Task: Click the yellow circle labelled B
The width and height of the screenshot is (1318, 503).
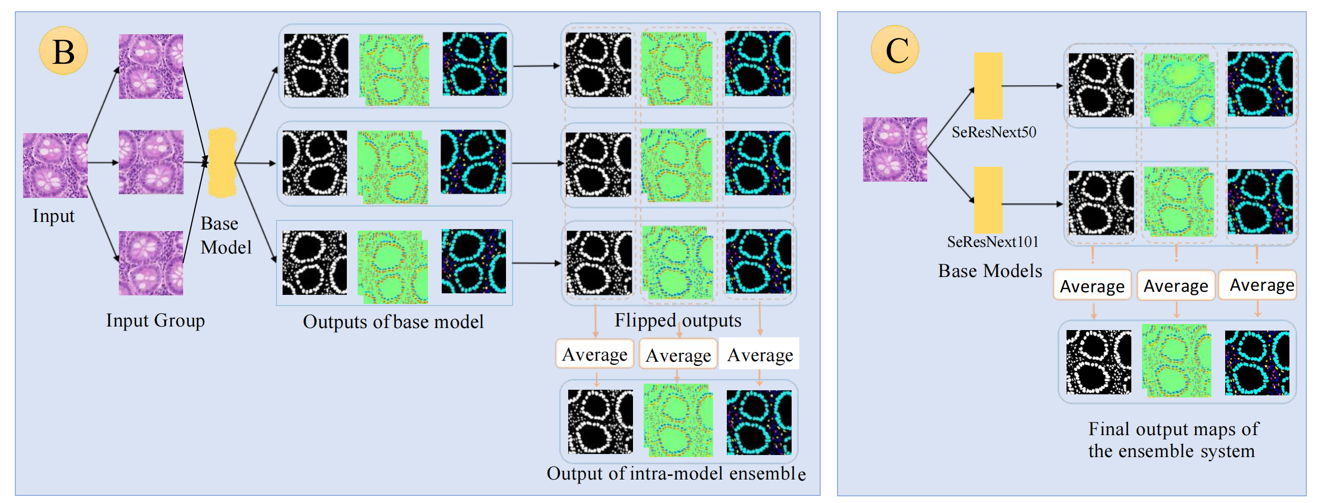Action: click(63, 51)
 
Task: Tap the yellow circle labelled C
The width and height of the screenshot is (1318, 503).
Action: click(895, 50)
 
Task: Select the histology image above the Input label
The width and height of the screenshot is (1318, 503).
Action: click(55, 165)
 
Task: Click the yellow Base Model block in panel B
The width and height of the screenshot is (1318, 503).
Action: click(222, 163)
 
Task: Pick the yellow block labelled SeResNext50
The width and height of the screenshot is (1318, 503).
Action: click(987, 86)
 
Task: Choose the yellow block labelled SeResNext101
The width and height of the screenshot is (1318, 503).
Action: click(987, 200)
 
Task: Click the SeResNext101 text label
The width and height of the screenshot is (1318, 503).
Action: click(993, 242)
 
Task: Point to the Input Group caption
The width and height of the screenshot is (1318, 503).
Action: click(155, 321)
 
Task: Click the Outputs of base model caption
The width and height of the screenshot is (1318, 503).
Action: click(393, 322)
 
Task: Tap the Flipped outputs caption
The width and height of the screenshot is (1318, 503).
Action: click(677, 321)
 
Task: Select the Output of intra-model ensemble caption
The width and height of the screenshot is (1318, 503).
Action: click(675, 474)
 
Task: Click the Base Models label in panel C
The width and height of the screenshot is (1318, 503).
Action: click(990, 271)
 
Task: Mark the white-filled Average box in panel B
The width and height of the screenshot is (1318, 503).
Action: click(759, 354)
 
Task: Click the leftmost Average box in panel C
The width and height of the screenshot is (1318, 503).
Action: click(1092, 286)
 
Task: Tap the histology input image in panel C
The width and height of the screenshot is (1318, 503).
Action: click(895, 149)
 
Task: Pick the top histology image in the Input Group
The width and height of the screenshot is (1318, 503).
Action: click(151, 66)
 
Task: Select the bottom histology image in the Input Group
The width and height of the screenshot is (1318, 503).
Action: click(151, 263)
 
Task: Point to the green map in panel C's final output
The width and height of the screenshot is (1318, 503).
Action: click(1176, 361)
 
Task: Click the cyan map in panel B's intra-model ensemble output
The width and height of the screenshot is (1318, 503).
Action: click(759, 423)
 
